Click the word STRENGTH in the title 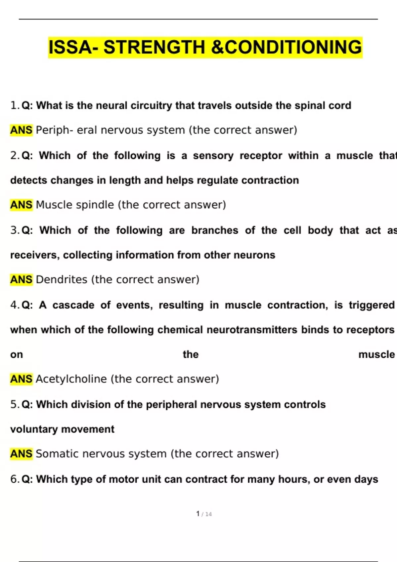(154, 47)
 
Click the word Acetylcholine (71, 379)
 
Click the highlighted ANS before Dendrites (21, 280)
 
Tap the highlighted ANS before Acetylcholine (21, 379)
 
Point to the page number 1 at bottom (198, 514)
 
